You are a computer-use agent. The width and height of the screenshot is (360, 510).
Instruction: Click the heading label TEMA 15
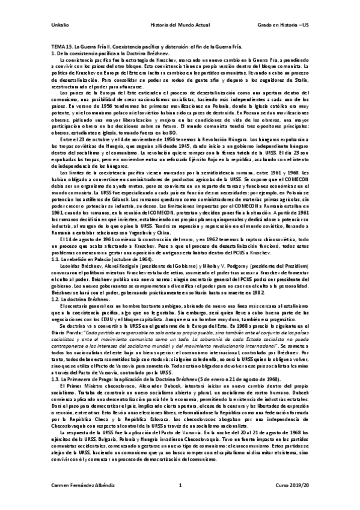click(60, 48)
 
